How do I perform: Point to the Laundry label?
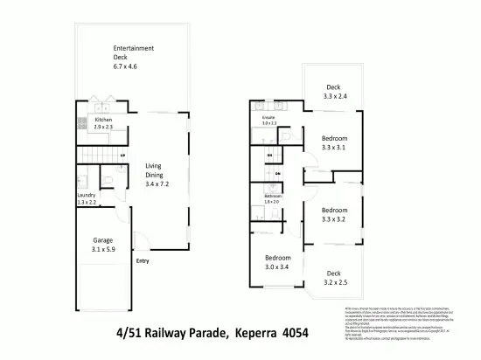point(86,195)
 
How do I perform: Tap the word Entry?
point(142,260)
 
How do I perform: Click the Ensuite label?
point(268,115)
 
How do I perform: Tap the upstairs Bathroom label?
point(272,196)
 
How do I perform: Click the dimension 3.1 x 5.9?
point(105,250)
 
